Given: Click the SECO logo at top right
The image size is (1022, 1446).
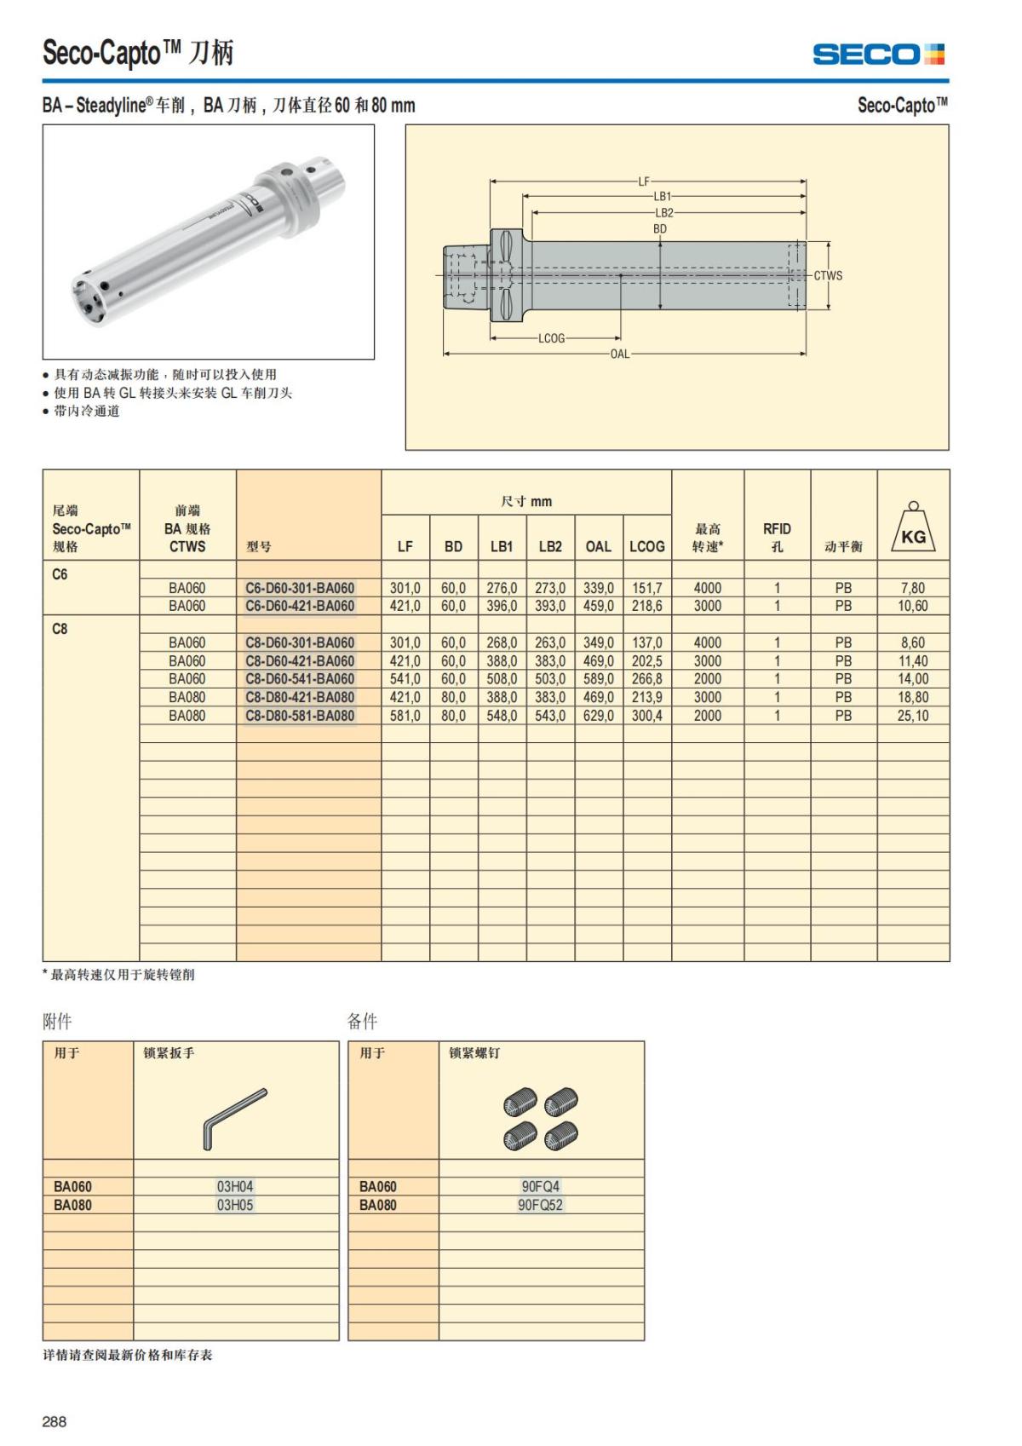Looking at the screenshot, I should pyautogui.click(x=878, y=55).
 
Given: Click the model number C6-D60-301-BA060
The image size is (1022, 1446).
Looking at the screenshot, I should pyautogui.click(x=300, y=588).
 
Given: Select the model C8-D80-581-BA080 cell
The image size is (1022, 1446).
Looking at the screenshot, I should pyautogui.click(x=300, y=716).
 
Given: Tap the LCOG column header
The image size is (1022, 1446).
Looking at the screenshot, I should pyautogui.click(x=646, y=546).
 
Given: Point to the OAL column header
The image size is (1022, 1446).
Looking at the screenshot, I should pyautogui.click(x=598, y=546).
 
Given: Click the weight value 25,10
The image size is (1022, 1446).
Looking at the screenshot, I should pyautogui.click(x=912, y=716).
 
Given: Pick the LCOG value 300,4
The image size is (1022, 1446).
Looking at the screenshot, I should pyautogui.click(x=646, y=716).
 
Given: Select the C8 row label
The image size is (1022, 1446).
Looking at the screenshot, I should pyautogui.click(x=60, y=629).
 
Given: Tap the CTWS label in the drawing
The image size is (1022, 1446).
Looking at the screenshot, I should pyautogui.click(x=828, y=275).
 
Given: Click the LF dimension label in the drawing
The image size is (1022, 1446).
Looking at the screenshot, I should pyautogui.click(x=644, y=181).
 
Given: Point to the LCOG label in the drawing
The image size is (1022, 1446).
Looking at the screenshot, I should pyautogui.click(x=551, y=338).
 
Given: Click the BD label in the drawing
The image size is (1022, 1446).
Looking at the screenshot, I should pyautogui.click(x=660, y=228).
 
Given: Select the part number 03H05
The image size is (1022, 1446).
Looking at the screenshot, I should pyautogui.click(x=235, y=1205).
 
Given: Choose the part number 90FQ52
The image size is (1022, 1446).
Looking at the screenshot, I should pyautogui.click(x=541, y=1205).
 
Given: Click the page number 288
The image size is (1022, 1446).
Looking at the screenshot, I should pyautogui.click(x=55, y=1421).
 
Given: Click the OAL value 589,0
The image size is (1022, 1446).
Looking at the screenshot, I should pyautogui.click(x=598, y=679).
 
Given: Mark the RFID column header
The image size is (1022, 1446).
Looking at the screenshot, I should pyautogui.click(x=777, y=537).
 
